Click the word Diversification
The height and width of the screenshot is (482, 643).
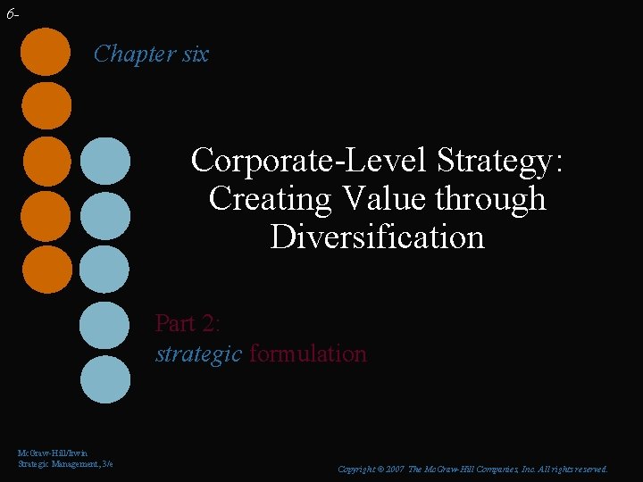tap(377, 237)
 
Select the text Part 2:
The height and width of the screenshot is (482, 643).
tap(188, 322)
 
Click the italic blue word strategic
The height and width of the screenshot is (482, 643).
tap(198, 353)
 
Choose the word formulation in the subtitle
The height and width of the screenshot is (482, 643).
tap(308, 353)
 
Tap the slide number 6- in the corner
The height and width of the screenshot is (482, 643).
tap(12, 14)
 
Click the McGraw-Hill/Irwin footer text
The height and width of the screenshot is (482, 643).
tap(53, 453)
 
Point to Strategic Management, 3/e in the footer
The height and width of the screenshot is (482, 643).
tap(65, 464)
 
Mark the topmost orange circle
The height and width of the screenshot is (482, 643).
tap(46, 52)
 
